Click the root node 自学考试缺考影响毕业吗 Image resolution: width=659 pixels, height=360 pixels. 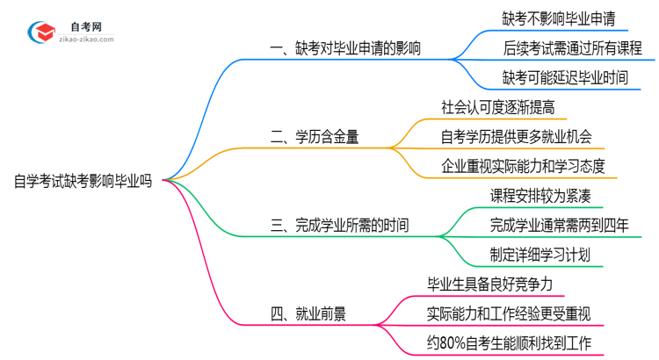click(83, 182)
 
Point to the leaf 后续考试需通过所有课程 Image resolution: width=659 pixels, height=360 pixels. click(566, 47)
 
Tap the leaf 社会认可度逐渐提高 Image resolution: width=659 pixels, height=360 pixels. click(497, 106)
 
